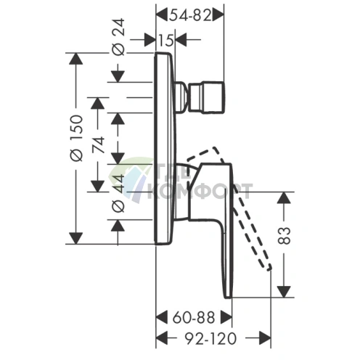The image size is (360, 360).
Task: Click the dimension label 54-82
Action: point(190,16)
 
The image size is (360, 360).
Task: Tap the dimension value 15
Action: point(166,40)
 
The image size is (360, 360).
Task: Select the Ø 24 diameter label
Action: point(119,37)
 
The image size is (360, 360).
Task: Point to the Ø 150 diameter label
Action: point(77,138)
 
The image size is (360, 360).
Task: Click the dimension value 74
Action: point(99,144)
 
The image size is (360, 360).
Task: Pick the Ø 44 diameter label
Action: point(119,193)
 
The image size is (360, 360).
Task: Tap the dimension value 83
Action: point(284,236)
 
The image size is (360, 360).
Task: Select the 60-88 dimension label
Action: point(194,317)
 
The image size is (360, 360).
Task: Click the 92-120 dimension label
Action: point(210,338)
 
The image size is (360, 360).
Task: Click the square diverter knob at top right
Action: point(206,97)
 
